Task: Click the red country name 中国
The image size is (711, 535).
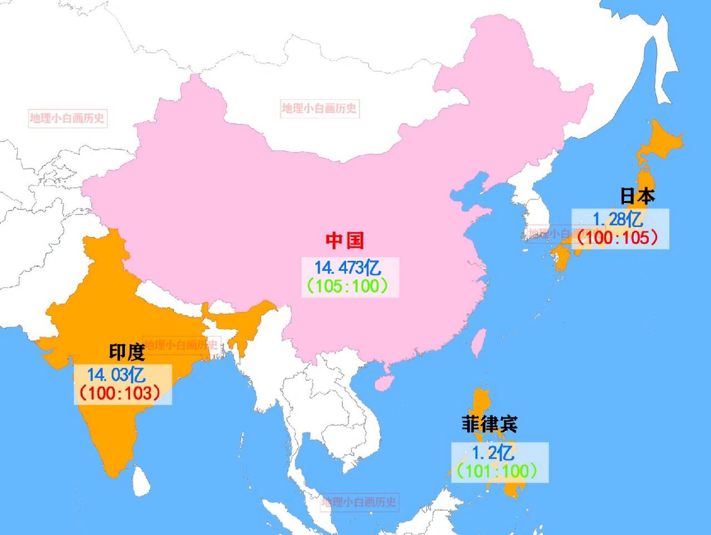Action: pyautogui.click(x=345, y=241)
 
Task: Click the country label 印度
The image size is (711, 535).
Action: pyautogui.click(x=127, y=352)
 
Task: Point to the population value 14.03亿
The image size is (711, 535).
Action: pyautogui.click(x=116, y=375)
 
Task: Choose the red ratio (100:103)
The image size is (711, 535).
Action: pyautogui.click(x=120, y=393)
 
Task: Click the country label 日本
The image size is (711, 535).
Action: pyautogui.click(x=637, y=196)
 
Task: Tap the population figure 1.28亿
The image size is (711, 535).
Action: pyautogui.click(x=618, y=219)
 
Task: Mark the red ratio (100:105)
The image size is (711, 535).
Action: pyautogui.click(x=618, y=238)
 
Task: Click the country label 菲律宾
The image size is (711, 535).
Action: pyautogui.click(x=489, y=424)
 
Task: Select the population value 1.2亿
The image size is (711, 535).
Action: pyautogui.click(x=493, y=453)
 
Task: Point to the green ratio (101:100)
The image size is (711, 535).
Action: pyautogui.click(x=496, y=471)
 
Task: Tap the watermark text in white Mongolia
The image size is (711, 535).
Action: pyautogui.click(x=319, y=109)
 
